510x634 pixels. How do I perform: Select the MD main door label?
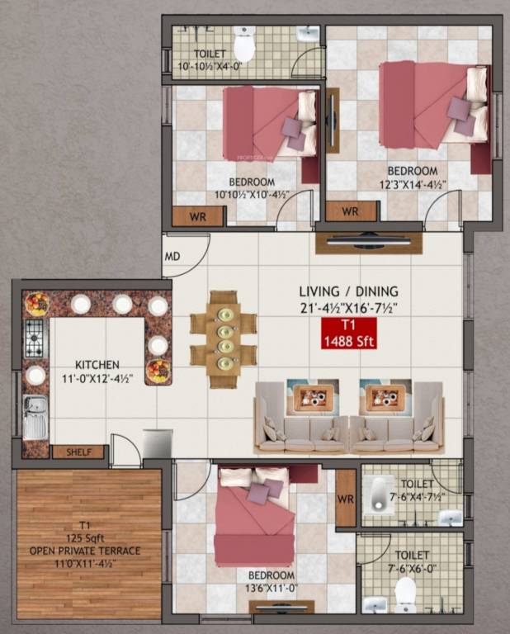point(172,256)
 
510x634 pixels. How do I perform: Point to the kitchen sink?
point(35,417)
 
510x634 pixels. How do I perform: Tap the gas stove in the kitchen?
point(34,339)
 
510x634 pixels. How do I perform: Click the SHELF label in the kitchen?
point(78,452)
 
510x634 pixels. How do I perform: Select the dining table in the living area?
point(223,338)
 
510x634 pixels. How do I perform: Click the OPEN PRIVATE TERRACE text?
point(85,551)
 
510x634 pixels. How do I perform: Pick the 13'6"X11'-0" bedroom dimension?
point(271,587)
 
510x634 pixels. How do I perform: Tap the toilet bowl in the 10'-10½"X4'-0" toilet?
point(243,42)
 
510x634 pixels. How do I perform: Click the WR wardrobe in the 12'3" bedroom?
point(350,212)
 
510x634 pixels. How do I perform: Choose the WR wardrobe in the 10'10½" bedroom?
point(198,216)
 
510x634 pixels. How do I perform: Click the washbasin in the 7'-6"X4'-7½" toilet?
point(450,518)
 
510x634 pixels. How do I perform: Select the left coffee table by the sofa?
point(313,398)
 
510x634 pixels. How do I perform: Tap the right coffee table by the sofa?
point(385,398)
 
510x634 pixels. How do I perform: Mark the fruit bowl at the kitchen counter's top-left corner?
point(37,305)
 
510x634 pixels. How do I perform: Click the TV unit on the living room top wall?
point(368,243)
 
